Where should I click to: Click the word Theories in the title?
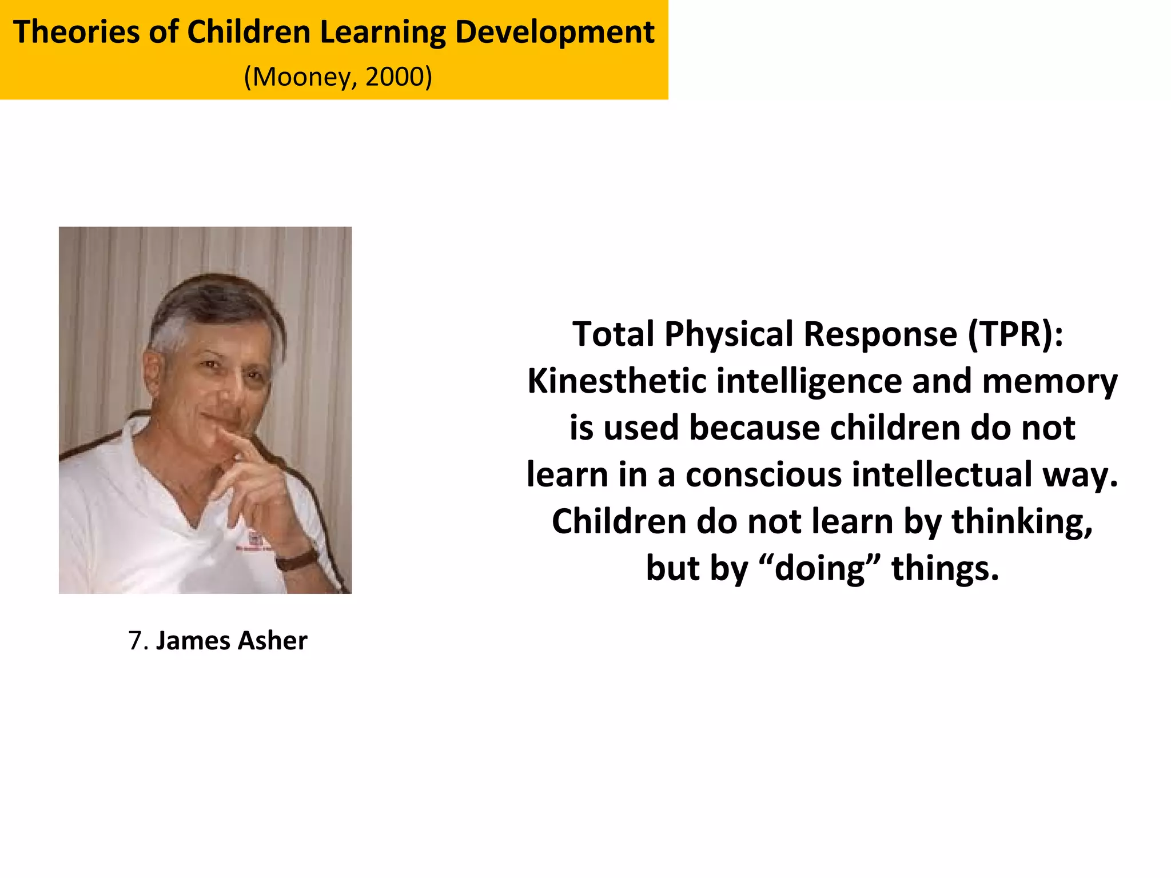pos(75,32)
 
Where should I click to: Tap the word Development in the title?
pos(554,32)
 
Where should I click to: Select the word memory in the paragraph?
pos(1049,382)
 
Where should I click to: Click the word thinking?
pos(1021,522)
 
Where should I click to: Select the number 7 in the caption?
pos(135,641)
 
